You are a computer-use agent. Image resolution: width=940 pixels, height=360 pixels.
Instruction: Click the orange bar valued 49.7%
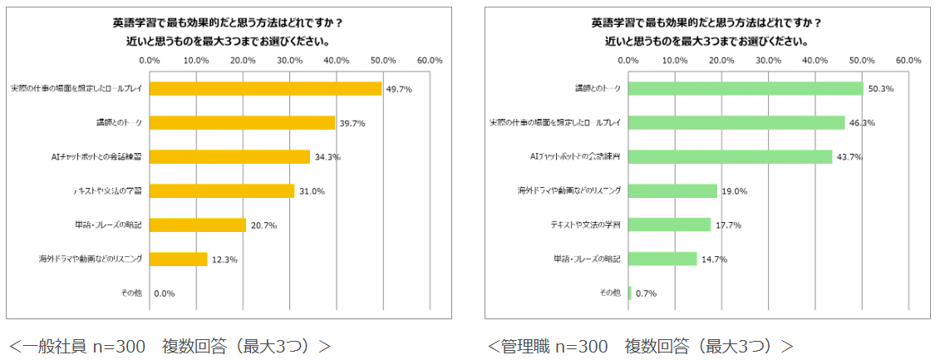(x=265, y=89)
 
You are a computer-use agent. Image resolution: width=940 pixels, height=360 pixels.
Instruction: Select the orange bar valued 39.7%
(x=242, y=123)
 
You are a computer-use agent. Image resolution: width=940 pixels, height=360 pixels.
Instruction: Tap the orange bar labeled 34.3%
(x=229, y=156)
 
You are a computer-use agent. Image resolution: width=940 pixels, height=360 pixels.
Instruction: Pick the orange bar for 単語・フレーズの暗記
(x=198, y=224)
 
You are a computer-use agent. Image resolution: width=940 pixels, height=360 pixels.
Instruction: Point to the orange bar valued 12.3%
(x=178, y=259)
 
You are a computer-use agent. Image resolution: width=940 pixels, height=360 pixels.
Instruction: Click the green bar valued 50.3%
(x=746, y=88)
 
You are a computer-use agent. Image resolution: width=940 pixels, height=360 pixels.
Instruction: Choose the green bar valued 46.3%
(x=736, y=122)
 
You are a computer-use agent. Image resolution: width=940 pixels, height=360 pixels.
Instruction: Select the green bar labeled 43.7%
(x=731, y=156)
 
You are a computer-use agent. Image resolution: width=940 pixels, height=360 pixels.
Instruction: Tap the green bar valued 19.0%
(x=672, y=190)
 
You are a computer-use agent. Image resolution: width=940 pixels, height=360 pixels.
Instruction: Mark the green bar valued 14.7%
(x=662, y=259)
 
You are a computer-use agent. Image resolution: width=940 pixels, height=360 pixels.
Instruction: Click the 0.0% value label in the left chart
(x=164, y=293)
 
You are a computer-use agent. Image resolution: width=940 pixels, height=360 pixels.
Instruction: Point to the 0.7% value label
(x=646, y=293)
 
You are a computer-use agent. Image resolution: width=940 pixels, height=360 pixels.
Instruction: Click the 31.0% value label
(x=313, y=191)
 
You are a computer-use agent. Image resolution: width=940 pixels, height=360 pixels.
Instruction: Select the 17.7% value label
(x=728, y=225)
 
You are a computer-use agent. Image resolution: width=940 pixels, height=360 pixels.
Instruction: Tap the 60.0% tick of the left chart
(x=430, y=61)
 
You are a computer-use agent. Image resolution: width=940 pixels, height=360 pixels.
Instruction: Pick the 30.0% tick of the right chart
(x=768, y=61)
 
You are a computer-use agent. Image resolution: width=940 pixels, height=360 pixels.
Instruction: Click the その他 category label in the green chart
(x=610, y=293)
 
